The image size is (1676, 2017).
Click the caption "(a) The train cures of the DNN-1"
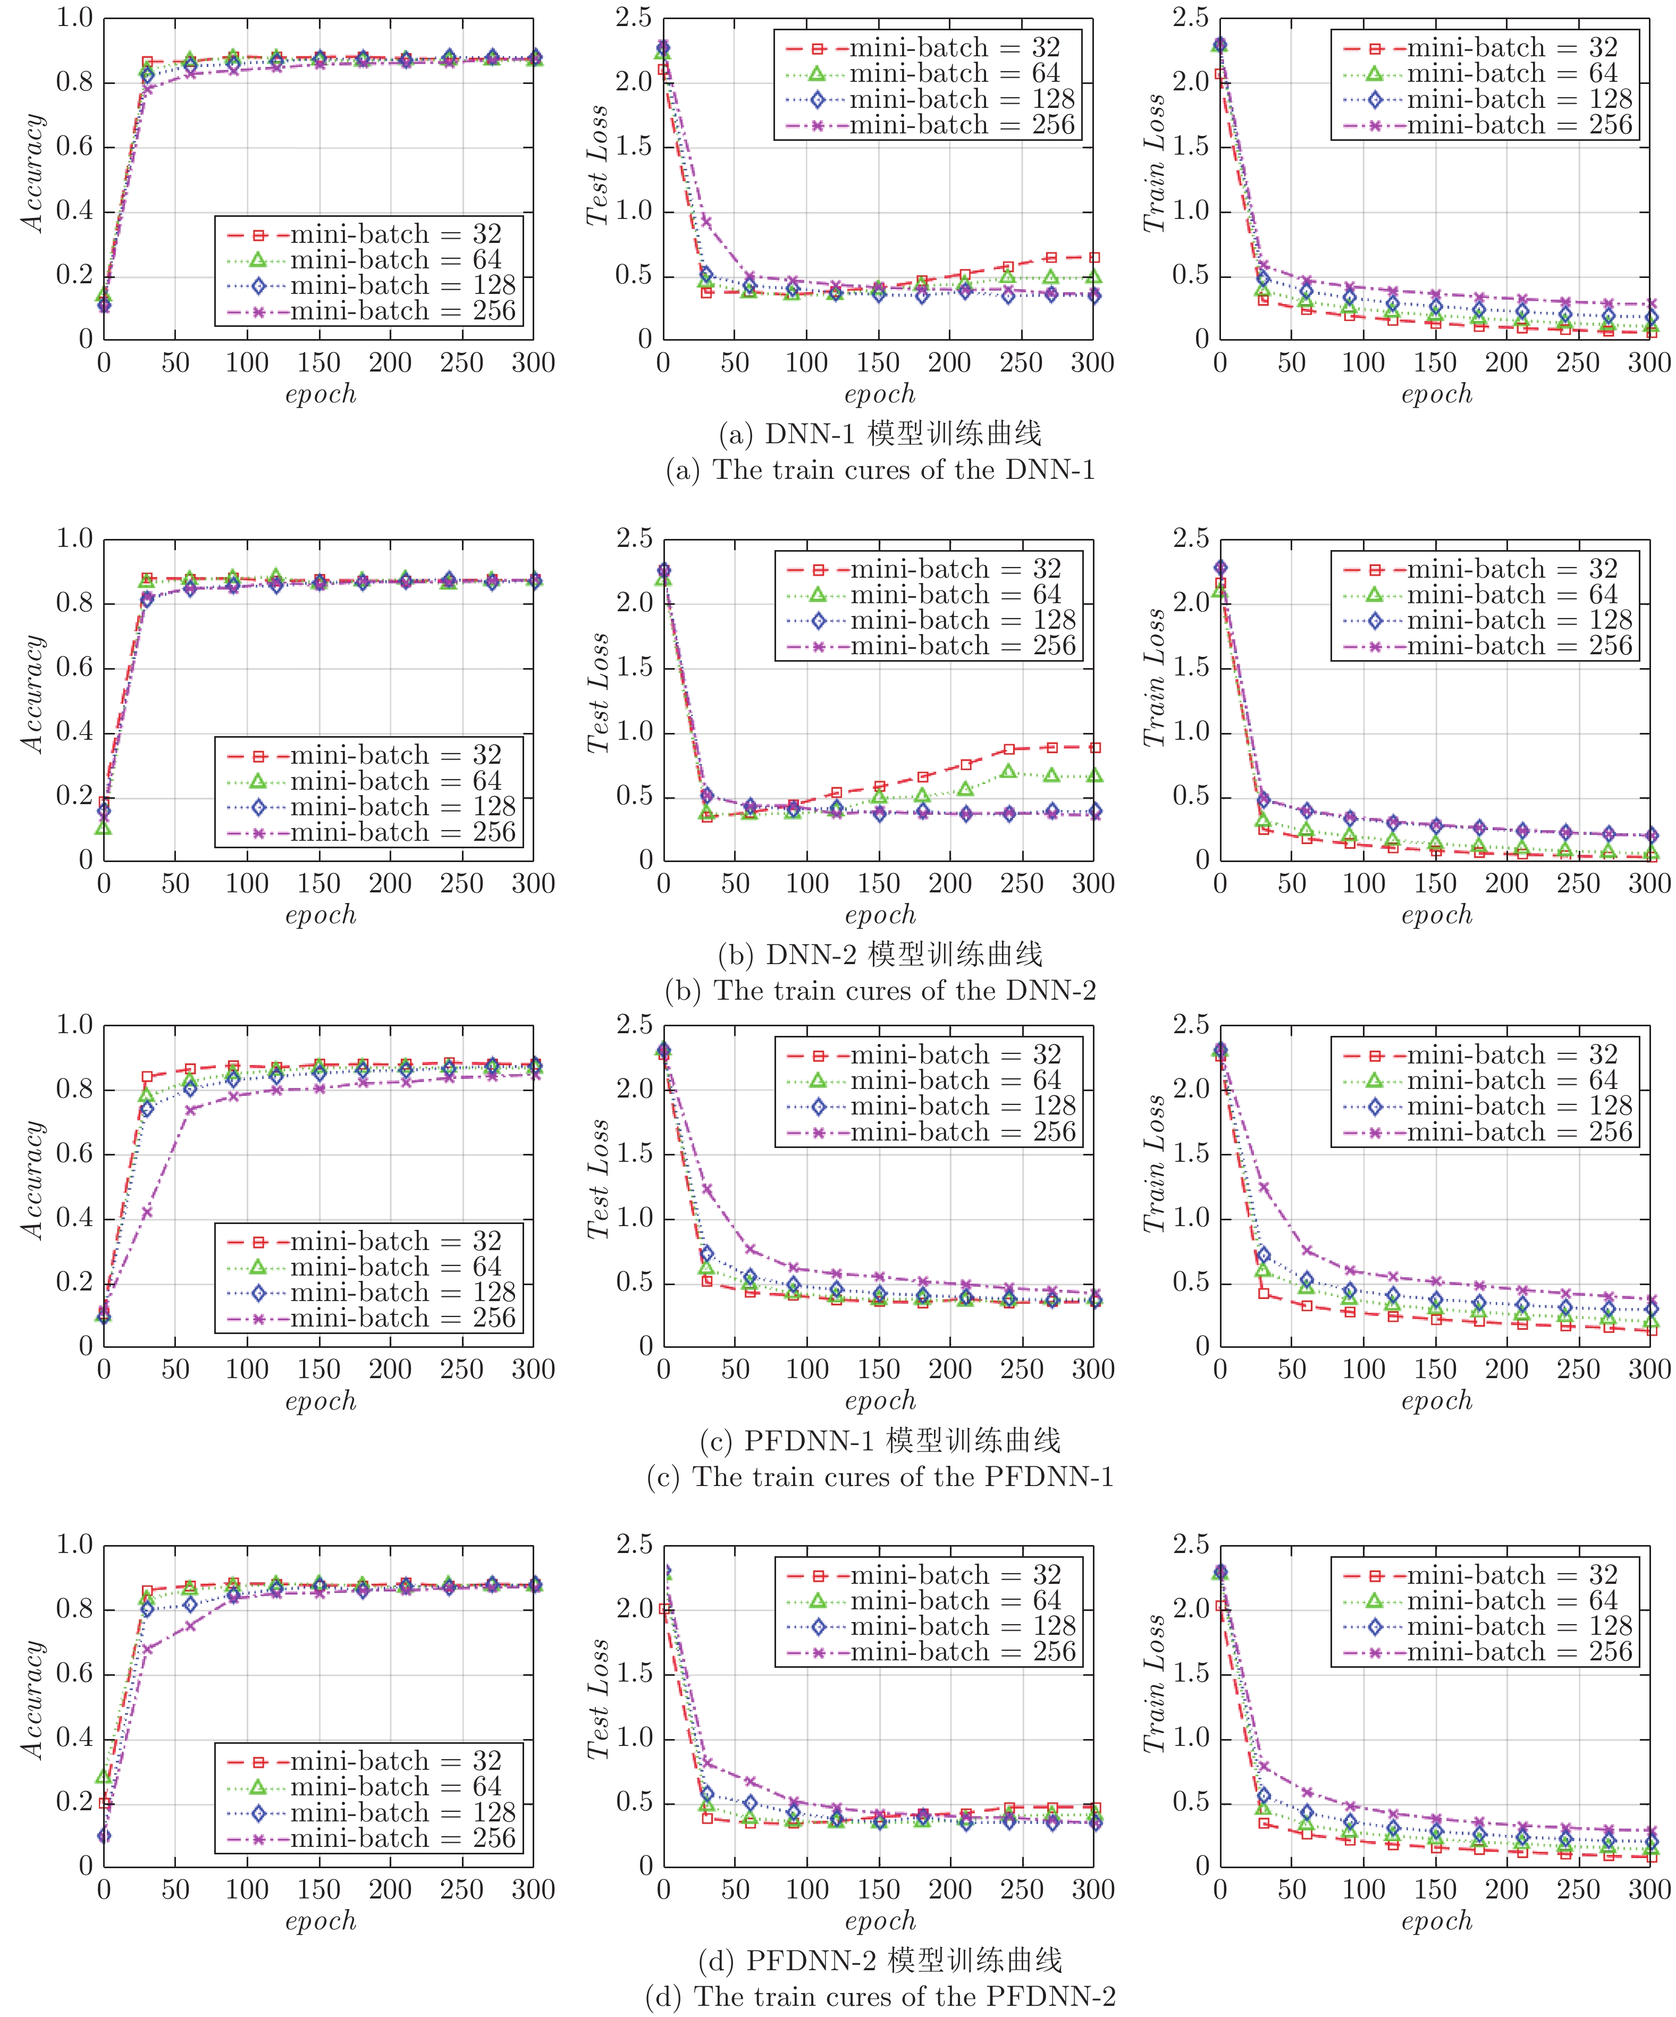(880, 470)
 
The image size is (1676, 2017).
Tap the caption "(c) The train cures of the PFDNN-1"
(880, 1476)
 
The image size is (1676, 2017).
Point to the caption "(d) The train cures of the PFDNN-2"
(880, 1996)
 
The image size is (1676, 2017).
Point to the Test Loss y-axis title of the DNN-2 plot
(597, 694)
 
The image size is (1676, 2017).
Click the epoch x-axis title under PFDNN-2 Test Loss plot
(880, 1921)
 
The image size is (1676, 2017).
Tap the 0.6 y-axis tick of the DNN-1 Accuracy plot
(75, 147)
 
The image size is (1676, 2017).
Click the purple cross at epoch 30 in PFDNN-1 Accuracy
(147, 1212)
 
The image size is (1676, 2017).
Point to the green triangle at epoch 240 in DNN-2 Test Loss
(1007, 771)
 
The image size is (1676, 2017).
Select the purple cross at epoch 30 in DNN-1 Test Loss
(706, 221)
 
